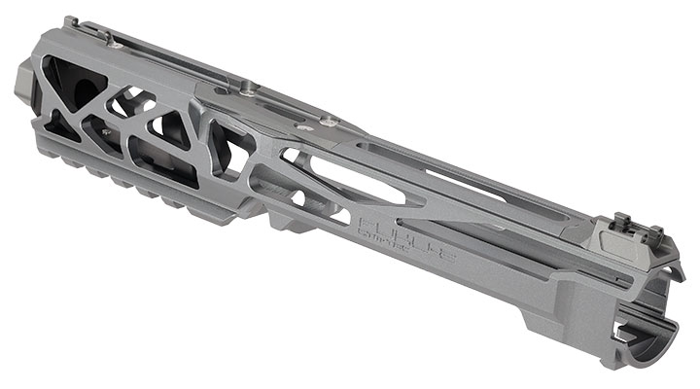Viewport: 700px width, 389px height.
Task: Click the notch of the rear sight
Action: click(631, 227)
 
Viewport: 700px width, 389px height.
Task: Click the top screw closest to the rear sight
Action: click(330, 121)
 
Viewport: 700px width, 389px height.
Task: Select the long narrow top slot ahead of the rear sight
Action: click(506, 186)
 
